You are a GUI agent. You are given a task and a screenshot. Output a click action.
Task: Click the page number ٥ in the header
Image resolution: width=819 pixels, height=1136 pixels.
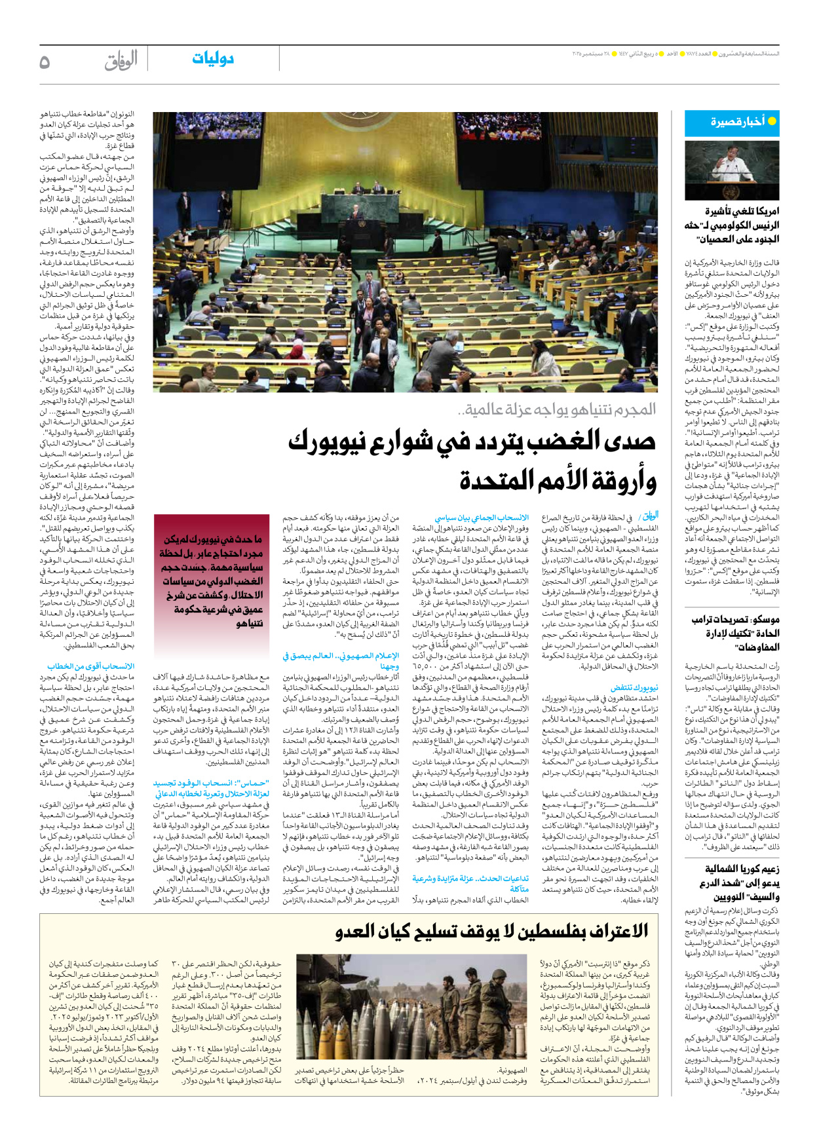point(45,62)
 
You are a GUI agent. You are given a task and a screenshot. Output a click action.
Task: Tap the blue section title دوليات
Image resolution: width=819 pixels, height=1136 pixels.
point(213,59)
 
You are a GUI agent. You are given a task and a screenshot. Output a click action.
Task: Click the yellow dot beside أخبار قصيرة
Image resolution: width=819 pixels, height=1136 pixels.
point(772,121)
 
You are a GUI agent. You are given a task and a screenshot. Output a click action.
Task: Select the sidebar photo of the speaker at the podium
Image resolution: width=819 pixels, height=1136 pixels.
point(732,170)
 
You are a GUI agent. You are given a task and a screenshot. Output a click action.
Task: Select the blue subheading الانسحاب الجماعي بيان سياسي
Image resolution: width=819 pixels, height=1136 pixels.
point(482,518)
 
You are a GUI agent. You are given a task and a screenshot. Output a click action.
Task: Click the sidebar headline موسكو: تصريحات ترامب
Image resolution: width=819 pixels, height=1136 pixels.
point(735,619)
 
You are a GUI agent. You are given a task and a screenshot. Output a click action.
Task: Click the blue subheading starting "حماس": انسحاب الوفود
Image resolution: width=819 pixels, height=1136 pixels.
point(211,783)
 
